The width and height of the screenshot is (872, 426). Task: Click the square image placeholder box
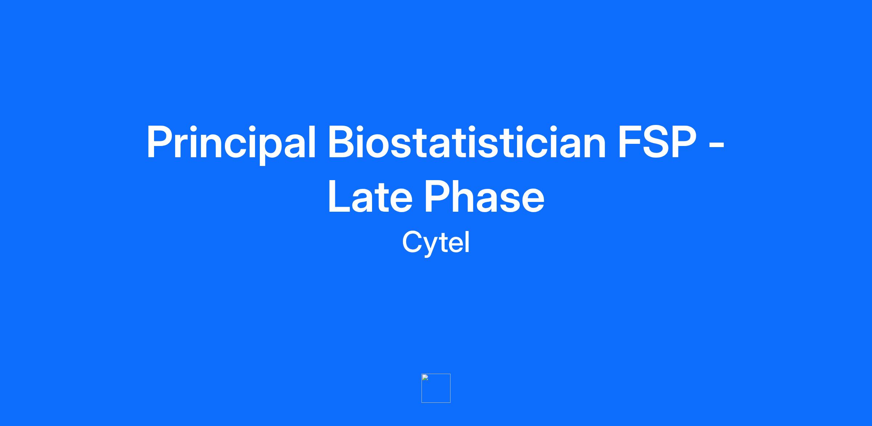(x=436, y=388)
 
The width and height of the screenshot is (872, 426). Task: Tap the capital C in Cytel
(x=413, y=242)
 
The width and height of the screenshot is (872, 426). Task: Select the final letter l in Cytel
(x=467, y=242)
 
